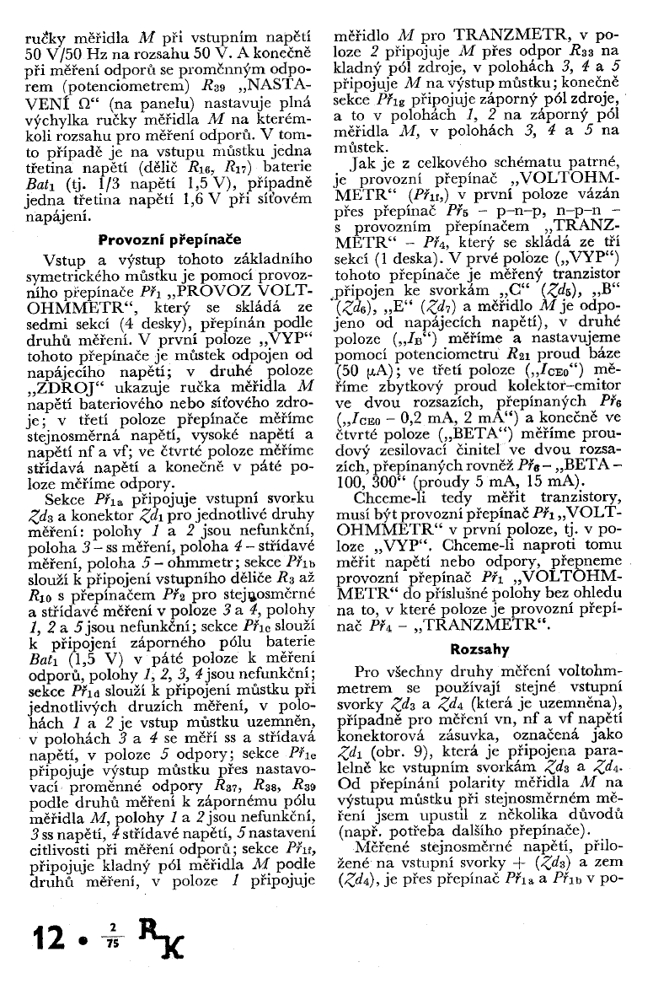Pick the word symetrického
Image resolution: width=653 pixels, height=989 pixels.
pyautogui.click(x=82, y=277)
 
